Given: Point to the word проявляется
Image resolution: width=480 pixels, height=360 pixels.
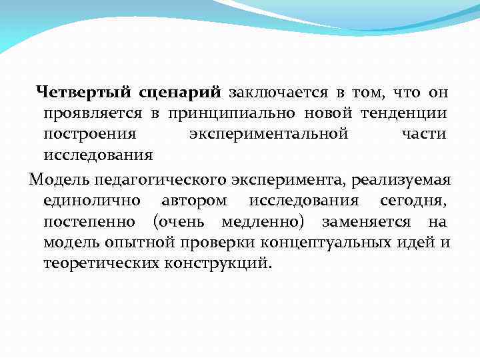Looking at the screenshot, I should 93,113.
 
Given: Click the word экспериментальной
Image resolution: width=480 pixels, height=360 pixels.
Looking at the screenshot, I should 269,134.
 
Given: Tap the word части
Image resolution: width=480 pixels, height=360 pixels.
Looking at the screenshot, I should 425,134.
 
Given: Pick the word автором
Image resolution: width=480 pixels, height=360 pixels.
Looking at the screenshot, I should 194,201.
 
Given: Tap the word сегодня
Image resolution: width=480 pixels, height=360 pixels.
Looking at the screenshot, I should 413,201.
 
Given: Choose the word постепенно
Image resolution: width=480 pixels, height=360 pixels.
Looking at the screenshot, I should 90,221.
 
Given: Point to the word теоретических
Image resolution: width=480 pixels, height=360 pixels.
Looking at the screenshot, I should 102,263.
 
